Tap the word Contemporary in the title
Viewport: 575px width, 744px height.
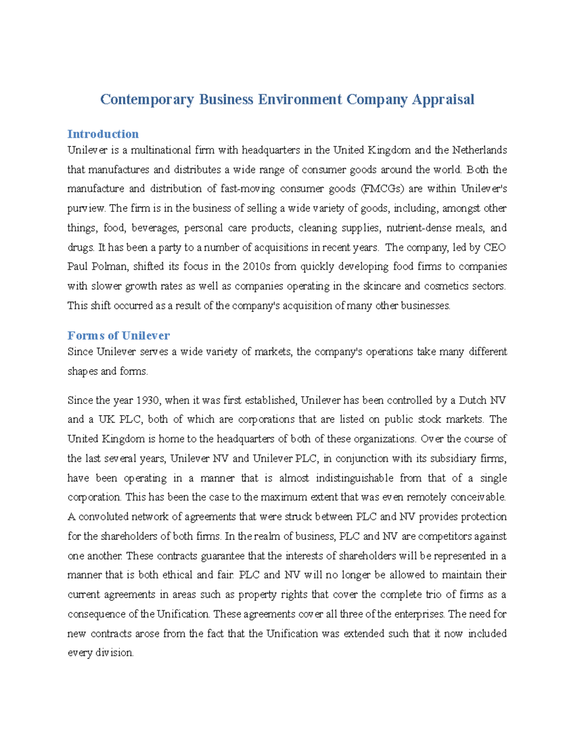point(147,99)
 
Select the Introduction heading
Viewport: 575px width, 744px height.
point(103,134)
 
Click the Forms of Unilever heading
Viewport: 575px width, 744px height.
point(118,335)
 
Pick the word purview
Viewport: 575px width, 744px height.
point(86,208)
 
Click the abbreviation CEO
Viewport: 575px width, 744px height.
point(494,248)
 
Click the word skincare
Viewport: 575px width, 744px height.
point(382,286)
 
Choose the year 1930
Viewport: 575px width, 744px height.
point(150,400)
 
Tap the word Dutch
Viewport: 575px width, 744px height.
point(472,400)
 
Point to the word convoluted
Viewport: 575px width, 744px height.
point(103,517)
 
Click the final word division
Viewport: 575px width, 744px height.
point(114,653)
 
